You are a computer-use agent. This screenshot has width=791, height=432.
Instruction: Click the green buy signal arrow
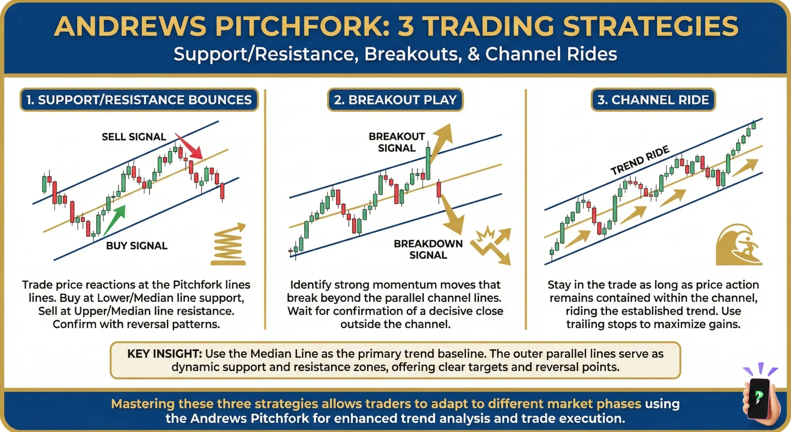pos(115,219)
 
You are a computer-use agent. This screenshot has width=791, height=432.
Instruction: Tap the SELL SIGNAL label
pos(134,136)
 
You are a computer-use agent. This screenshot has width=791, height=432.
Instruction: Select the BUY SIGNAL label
pos(137,245)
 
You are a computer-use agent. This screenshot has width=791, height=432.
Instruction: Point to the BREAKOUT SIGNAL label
pos(397,142)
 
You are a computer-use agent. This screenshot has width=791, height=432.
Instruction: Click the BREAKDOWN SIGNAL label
pos(428,249)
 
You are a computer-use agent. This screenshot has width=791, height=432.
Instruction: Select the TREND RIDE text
pos(640,160)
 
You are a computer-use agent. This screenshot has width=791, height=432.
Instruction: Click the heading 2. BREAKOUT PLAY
pos(395,100)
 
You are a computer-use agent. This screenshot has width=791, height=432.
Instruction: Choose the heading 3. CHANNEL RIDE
pos(653,100)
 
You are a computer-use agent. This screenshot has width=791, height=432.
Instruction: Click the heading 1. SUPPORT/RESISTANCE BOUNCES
pos(139,100)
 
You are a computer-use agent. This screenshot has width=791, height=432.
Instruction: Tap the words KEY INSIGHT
pos(164,353)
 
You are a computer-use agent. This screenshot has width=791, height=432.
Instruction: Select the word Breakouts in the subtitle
pos(413,54)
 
